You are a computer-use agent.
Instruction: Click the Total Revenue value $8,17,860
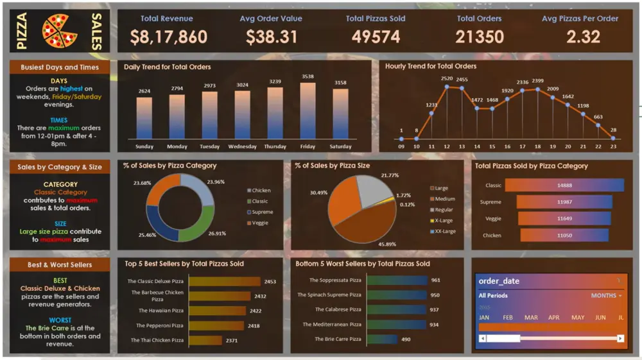[x=169, y=37]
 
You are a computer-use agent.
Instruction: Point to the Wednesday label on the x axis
[x=242, y=146]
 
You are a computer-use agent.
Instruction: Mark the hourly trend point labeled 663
[x=598, y=125]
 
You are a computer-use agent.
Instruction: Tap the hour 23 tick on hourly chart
[x=613, y=146]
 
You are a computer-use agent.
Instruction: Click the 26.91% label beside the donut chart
[x=217, y=234]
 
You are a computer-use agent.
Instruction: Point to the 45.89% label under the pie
[x=386, y=244]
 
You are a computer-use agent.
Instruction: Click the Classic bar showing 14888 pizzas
[x=564, y=185]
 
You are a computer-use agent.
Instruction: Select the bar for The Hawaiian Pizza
[x=217, y=311]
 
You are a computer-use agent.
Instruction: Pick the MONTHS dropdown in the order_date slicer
[x=606, y=296]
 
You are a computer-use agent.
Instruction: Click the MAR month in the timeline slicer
[x=531, y=318]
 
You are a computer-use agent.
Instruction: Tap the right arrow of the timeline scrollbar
[x=620, y=338]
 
